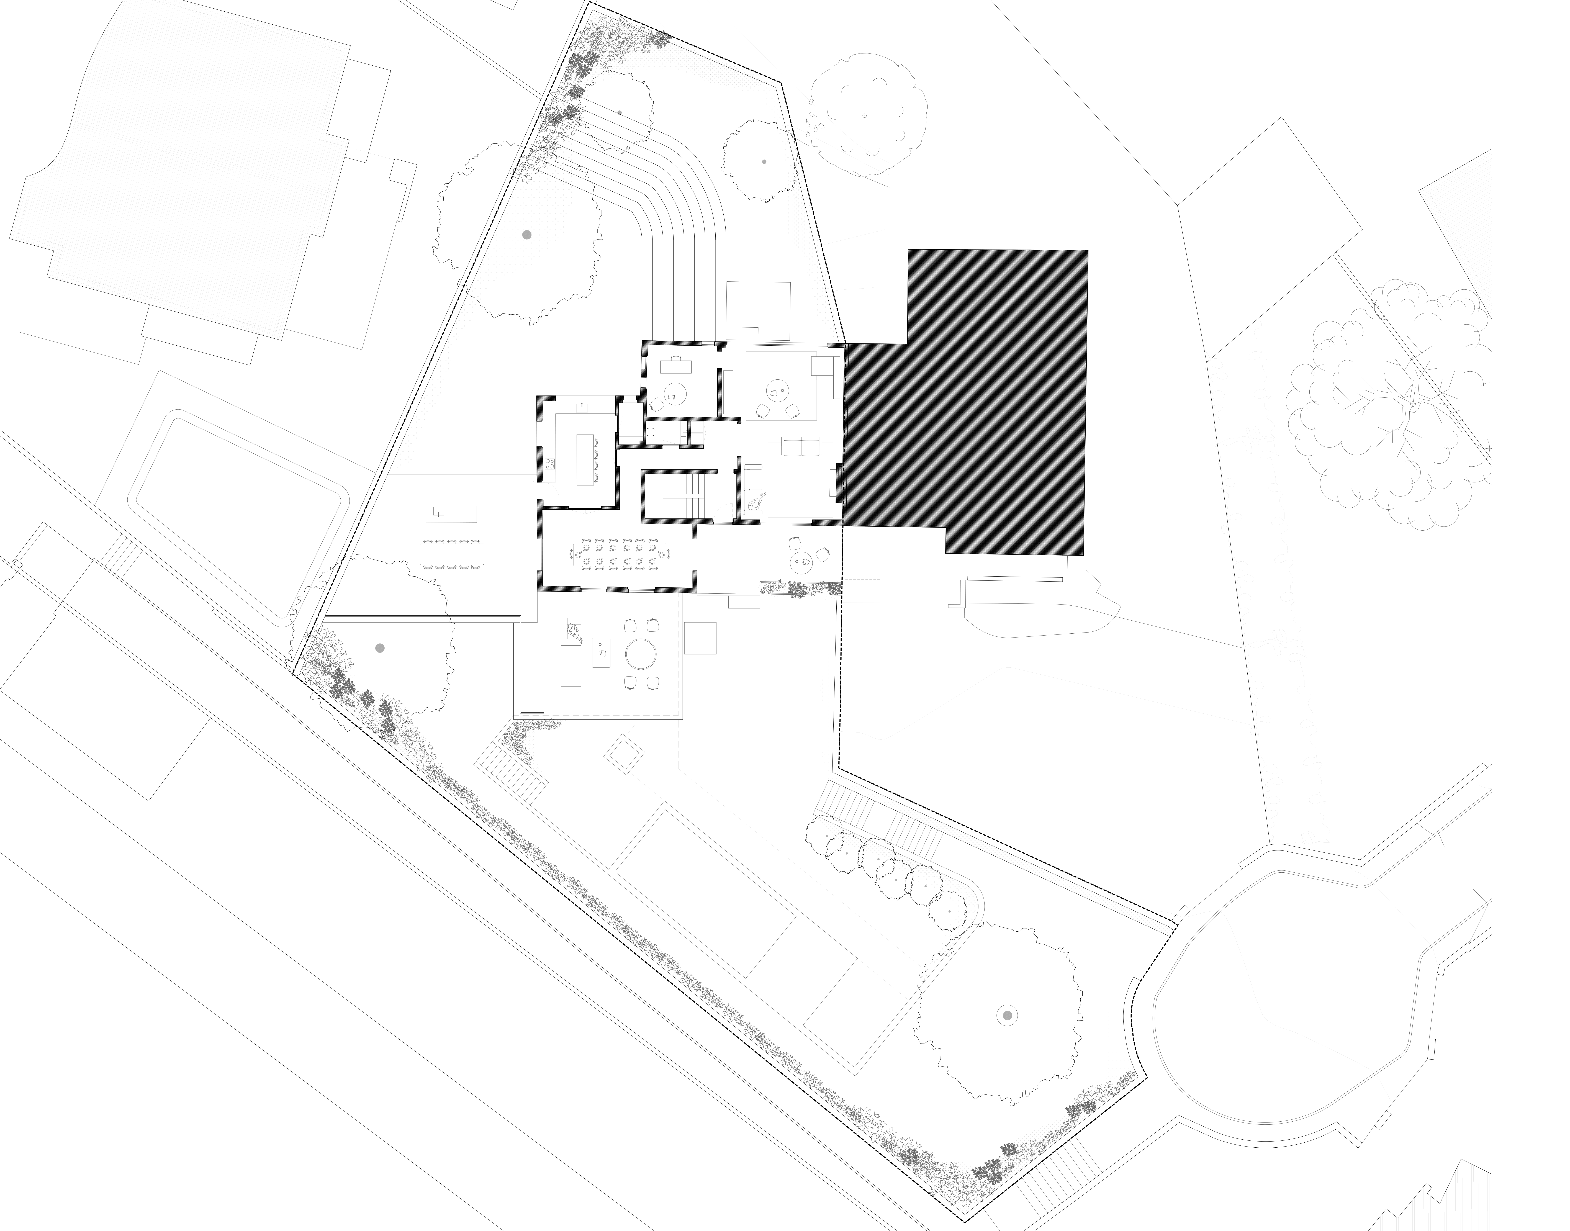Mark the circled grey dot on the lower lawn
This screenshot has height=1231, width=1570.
tap(1007, 1016)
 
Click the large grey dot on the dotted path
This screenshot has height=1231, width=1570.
tap(527, 235)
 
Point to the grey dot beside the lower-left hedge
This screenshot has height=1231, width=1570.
tap(380, 648)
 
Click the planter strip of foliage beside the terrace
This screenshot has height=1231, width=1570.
tap(800, 589)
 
